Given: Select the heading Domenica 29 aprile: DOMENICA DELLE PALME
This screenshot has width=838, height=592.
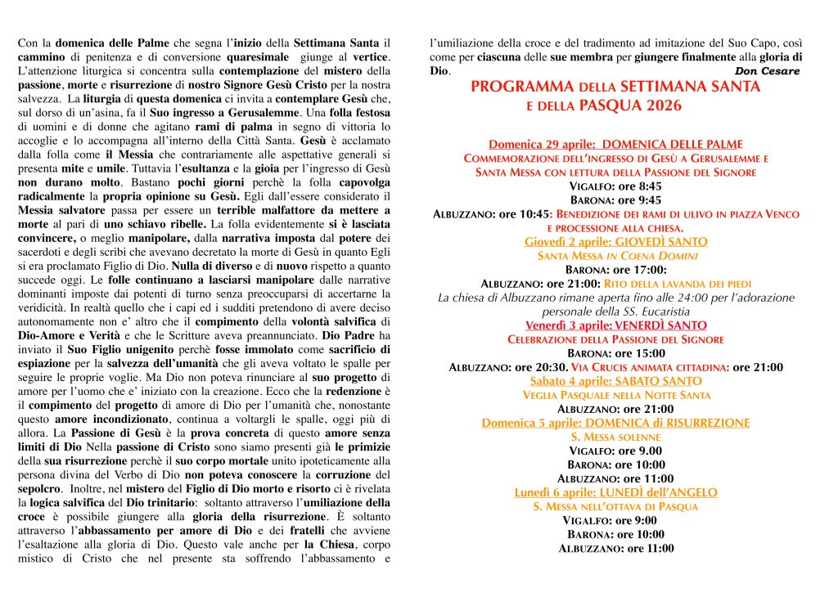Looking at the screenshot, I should (615, 144).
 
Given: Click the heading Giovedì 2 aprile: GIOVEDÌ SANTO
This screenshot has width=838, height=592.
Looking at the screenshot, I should (615, 242).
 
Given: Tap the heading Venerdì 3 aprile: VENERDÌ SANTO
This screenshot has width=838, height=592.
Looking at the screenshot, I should (615, 325).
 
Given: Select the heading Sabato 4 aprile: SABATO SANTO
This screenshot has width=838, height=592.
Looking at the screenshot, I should (615, 381).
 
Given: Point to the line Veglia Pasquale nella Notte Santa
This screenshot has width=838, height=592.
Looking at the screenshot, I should (615, 395).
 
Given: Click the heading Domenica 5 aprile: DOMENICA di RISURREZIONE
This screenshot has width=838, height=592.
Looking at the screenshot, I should (615, 423).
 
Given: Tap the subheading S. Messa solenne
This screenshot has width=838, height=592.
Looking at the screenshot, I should (615, 437).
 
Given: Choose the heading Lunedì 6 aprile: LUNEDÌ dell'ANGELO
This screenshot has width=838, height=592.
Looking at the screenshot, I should (615, 492).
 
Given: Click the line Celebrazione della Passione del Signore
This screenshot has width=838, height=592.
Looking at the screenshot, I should (615, 339).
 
